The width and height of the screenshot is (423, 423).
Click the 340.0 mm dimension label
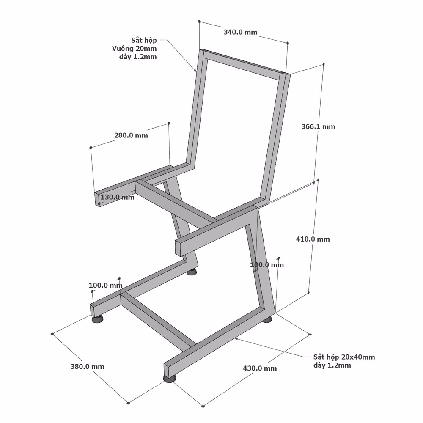[240, 32]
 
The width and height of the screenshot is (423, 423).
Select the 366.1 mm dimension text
[318, 126]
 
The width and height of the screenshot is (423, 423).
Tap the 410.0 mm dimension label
[313, 239]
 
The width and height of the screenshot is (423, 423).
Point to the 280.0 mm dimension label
[131, 135]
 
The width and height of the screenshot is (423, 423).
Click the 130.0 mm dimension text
[117, 197]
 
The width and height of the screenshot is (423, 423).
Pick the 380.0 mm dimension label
[87, 367]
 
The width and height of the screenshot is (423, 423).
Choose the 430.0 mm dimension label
[260, 368]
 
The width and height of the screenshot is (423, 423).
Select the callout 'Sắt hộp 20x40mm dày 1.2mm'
[344, 361]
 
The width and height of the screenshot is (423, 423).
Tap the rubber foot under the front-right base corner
[170, 379]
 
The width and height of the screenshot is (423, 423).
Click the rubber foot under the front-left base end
[97, 319]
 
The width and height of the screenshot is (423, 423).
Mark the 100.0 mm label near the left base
[105, 285]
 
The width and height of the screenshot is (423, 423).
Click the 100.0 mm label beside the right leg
[267, 265]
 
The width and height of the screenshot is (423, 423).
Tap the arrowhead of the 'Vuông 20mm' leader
[195, 71]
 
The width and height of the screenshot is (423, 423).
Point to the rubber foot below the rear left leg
[192, 272]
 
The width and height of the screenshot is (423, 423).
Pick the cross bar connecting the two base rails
[158, 321]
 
